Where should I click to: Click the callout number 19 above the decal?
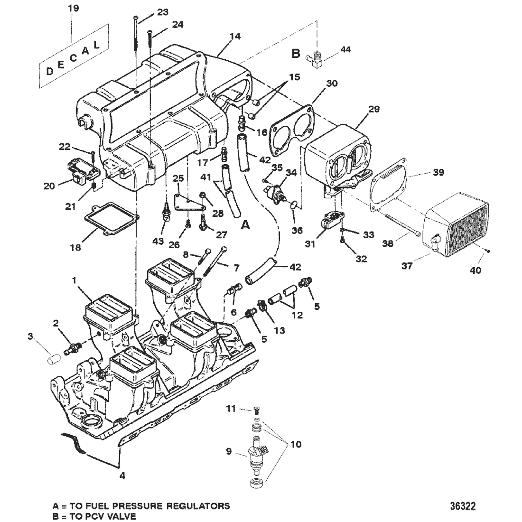tap(73, 8)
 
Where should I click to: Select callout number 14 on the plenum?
tap(235, 36)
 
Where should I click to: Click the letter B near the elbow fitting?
tap(296, 53)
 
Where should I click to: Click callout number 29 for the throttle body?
tap(374, 109)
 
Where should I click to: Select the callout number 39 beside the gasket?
tap(438, 172)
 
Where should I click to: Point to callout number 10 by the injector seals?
tap(296, 444)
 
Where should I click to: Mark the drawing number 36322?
tap(463, 506)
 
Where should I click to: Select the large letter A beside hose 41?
tap(245, 225)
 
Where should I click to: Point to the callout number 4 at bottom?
tap(122, 475)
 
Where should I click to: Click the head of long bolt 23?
tap(136, 17)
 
